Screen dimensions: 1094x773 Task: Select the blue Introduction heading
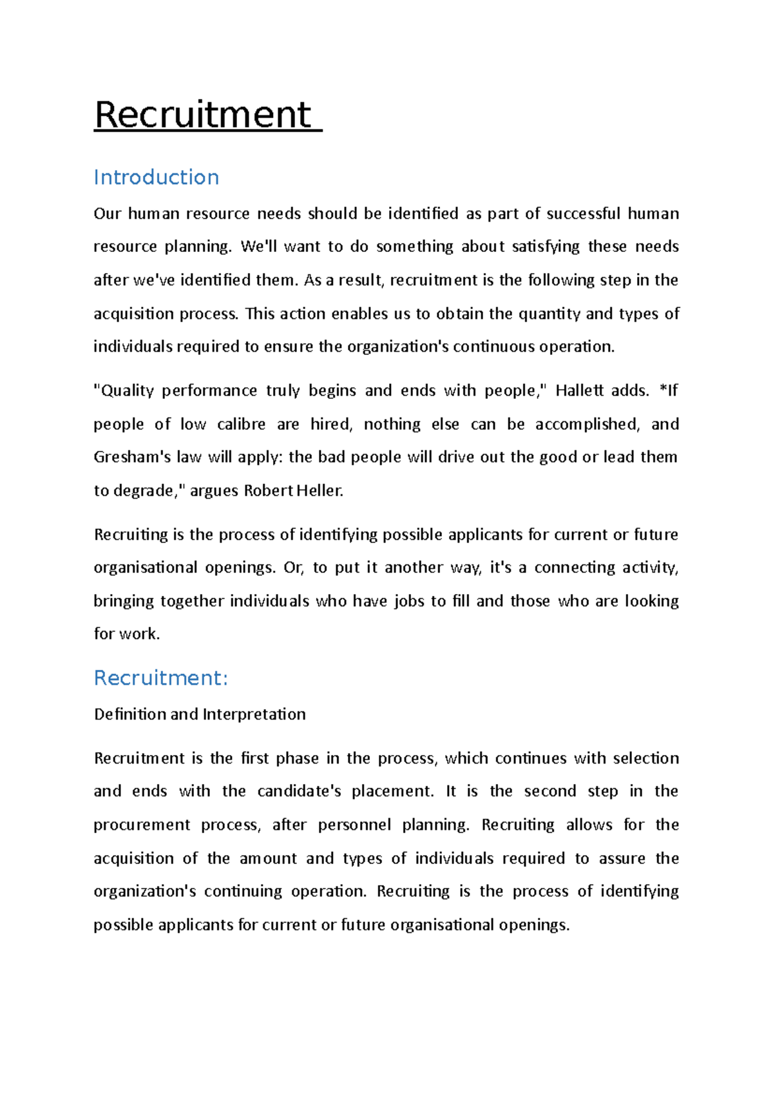tap(157, 177)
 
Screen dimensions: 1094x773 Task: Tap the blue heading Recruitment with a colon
tap(161, 678)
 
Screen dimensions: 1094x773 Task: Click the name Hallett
tap(579, 390)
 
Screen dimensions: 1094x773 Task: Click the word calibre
tap(241, 424)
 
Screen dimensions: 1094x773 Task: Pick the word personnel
tap(354, 825)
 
